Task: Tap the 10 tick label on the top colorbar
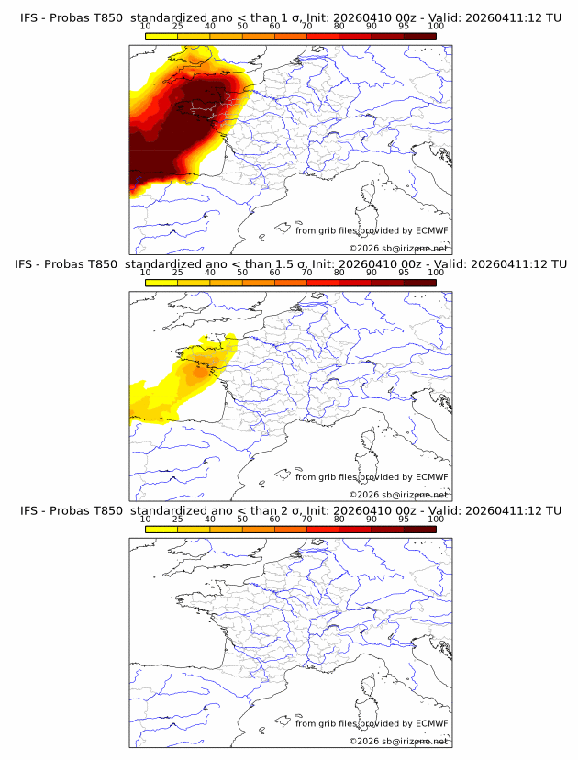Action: (x=145, y=27)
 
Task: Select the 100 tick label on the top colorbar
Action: (x=436, y=27)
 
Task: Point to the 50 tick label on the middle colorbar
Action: (x=242, y=273)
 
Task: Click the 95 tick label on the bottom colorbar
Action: (x=404, y=520)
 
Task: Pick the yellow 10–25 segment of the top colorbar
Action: (x=161, y=36)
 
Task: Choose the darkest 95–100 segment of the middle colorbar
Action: (x=419, y=283)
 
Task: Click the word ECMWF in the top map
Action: (x=431, y=230)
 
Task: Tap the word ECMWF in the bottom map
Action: (x=431, y=723)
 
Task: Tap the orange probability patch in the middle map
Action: (x=195, y=373)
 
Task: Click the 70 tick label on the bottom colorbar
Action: (x=306, y=520)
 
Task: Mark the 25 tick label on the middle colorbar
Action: (x=177, y=273)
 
